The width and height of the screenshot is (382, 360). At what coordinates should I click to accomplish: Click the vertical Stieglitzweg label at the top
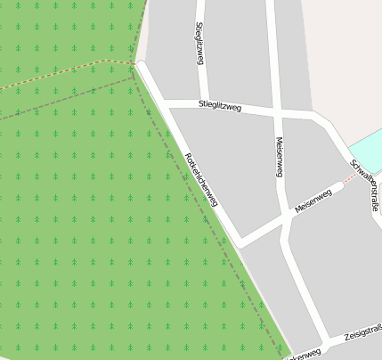[x=199, y=43]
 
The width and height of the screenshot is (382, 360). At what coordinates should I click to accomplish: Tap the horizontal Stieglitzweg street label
[x=221, y=107]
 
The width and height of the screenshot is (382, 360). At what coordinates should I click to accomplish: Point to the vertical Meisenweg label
[x=279, y=157]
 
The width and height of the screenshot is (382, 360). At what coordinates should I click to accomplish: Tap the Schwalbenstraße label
[x=366, y=184]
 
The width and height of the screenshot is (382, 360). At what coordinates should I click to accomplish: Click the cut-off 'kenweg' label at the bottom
[x=302, y=356]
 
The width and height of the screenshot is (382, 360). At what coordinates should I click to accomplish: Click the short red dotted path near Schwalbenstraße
[x=350, y=176]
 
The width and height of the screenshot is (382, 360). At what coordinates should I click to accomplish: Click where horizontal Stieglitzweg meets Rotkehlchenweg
[x=165, y=103]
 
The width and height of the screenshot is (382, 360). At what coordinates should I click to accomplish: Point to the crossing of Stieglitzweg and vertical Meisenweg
[x=276, y=111]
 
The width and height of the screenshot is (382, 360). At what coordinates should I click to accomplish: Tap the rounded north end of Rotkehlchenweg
[x=140, y=65]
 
